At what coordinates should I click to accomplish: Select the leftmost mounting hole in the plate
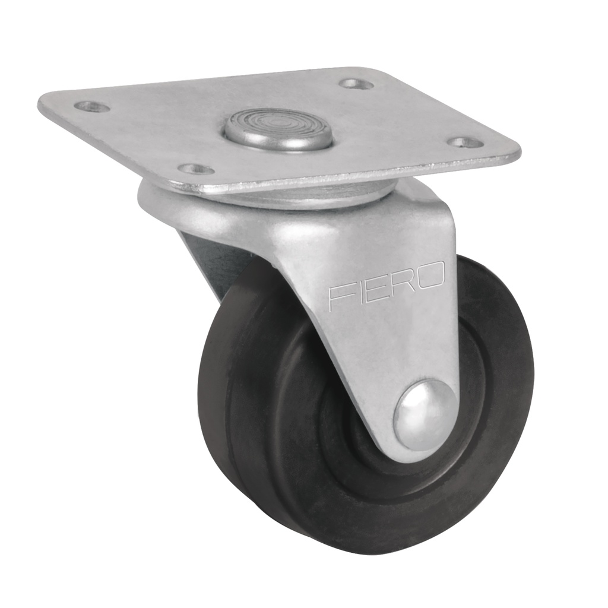tap(92, 107)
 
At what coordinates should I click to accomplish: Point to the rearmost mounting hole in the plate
tap(356, 84)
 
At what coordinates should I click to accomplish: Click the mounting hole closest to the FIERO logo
tap(465, 142)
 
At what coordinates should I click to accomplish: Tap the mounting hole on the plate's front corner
tap(196, 169)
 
